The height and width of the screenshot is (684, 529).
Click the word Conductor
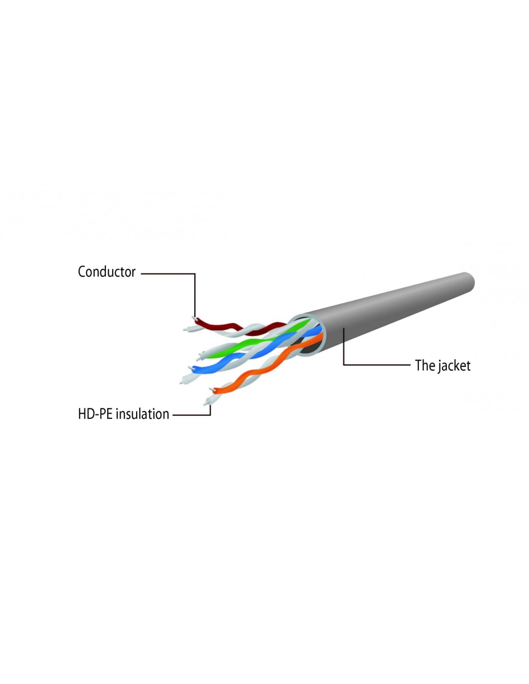point(106,272)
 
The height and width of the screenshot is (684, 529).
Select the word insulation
point(142,414)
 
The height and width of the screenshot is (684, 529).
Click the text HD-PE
point(95,414)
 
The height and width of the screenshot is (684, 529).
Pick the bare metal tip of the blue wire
point(189,368)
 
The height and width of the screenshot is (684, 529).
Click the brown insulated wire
point(239,326)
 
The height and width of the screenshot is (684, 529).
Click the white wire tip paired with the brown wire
point(186,329)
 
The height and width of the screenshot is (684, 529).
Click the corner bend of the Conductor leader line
point(195,274)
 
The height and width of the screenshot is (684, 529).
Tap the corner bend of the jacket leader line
point(344,365)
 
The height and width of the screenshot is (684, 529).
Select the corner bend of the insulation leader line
point(210,415)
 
